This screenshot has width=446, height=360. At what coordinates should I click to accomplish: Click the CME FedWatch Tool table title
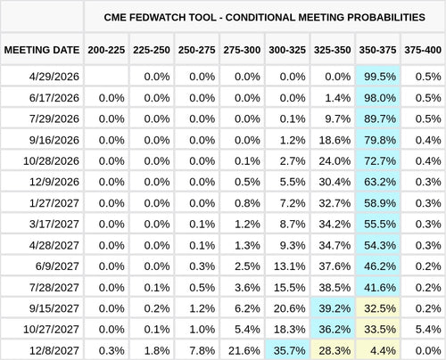click(265, 17)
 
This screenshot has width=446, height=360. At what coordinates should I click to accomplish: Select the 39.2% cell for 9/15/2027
click(334, 308)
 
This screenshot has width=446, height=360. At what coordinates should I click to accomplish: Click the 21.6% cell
click(244, 350)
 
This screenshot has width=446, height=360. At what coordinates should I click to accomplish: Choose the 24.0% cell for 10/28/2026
click(334, 160)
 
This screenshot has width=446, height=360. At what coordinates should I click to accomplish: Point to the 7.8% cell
click(199, 350)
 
